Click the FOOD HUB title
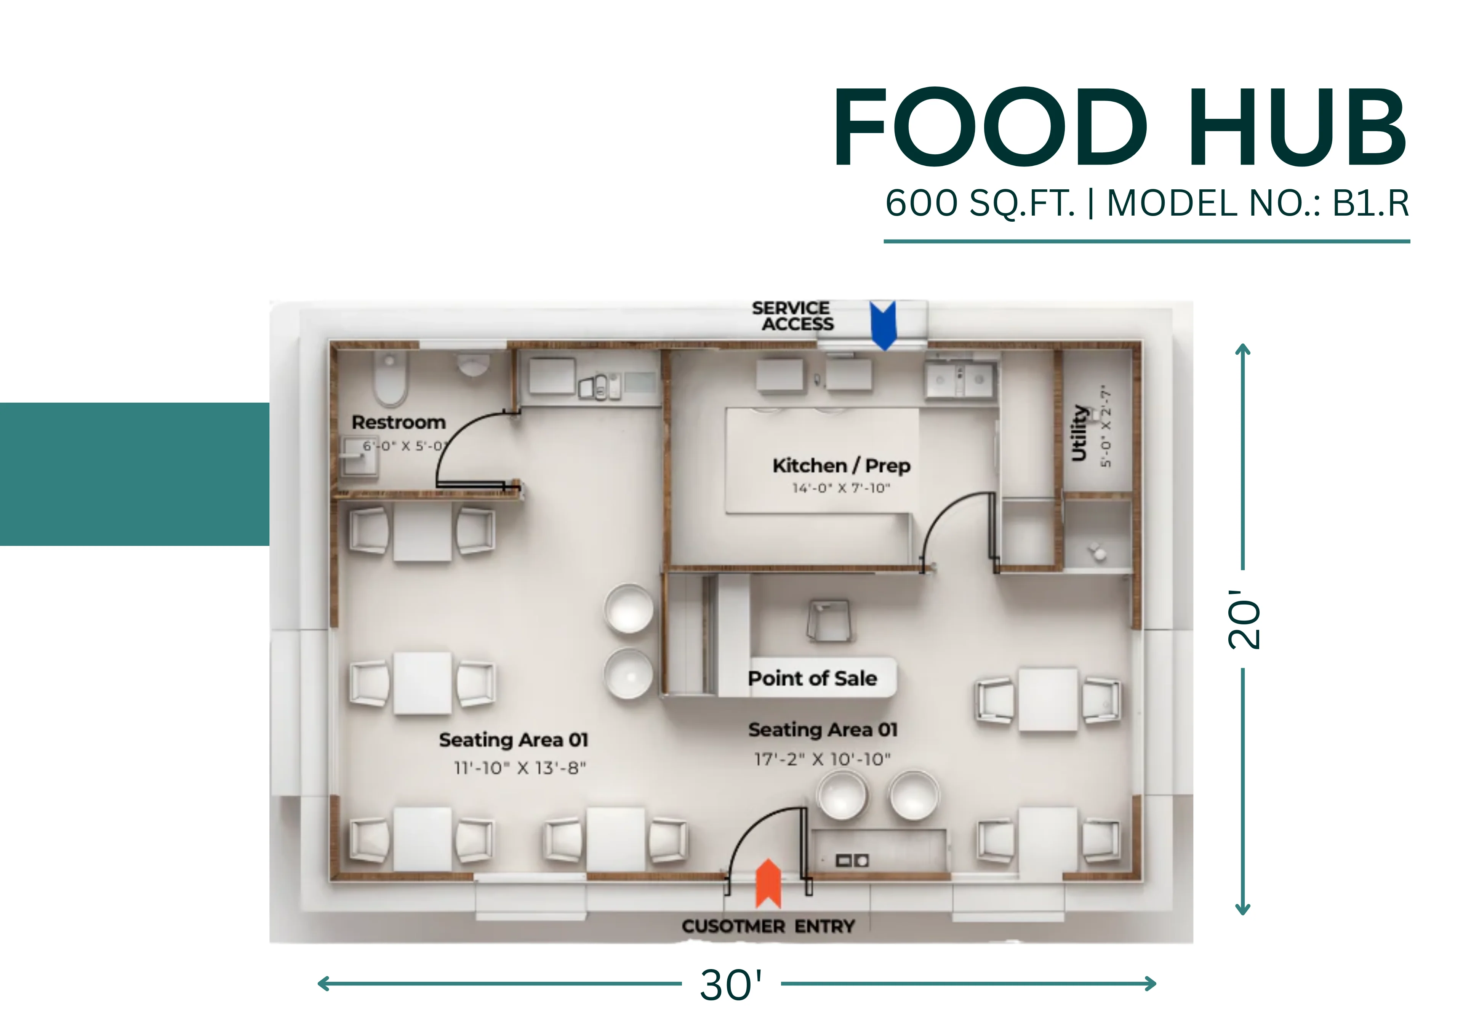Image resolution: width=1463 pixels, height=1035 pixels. (1120, 128)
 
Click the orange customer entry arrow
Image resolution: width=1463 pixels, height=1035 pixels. (768, 883)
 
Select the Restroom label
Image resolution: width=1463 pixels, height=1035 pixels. (399, 422)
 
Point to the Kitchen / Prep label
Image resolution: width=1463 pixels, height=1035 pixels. (842, 466)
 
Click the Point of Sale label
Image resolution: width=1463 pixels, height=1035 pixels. (812, 678)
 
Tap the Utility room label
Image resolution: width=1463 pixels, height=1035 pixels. (1079, 433)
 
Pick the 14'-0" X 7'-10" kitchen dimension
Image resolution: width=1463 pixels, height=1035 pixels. (841, 488)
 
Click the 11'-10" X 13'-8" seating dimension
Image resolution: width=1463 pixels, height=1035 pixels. (520, 768)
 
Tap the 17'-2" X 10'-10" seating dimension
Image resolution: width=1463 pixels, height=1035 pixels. (822, 759)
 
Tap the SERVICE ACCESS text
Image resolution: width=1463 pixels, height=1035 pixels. (792, 316)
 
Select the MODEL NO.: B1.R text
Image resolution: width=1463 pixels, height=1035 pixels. (1258, 203)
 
